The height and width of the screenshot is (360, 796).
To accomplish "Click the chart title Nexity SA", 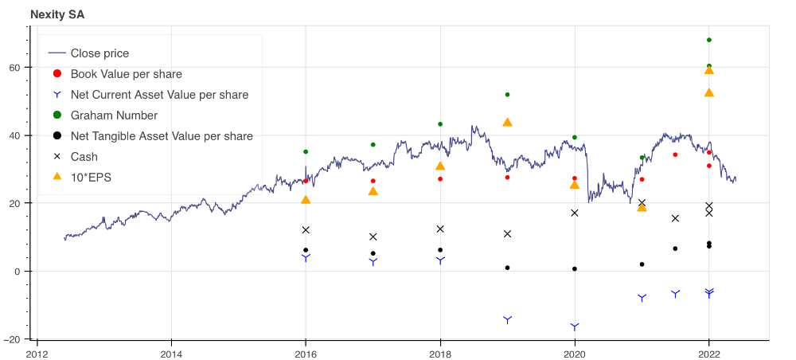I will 57,14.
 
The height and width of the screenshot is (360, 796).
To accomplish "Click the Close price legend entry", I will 99,53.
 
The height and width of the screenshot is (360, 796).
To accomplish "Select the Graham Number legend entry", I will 114,115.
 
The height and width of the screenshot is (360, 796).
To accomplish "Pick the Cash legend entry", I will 84,156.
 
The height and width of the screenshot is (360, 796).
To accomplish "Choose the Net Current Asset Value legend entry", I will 159,95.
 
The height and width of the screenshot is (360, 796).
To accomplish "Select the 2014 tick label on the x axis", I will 171,354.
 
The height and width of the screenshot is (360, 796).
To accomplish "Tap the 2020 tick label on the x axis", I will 575,354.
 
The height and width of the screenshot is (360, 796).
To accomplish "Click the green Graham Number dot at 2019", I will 507,95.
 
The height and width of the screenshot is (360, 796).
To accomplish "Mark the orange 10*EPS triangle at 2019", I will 507,122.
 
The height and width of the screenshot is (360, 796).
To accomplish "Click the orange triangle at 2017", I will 373,190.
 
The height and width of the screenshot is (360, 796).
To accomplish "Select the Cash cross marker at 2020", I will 575,213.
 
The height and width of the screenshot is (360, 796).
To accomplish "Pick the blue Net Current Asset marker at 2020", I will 575,327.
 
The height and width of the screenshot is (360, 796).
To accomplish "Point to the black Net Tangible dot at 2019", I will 507,268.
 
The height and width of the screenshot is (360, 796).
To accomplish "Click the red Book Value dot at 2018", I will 440,178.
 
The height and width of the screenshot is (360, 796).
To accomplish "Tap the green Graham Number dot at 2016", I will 306,151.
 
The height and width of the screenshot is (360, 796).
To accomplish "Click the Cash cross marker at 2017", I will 373,237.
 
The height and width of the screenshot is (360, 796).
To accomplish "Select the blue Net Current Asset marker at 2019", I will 507,319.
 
